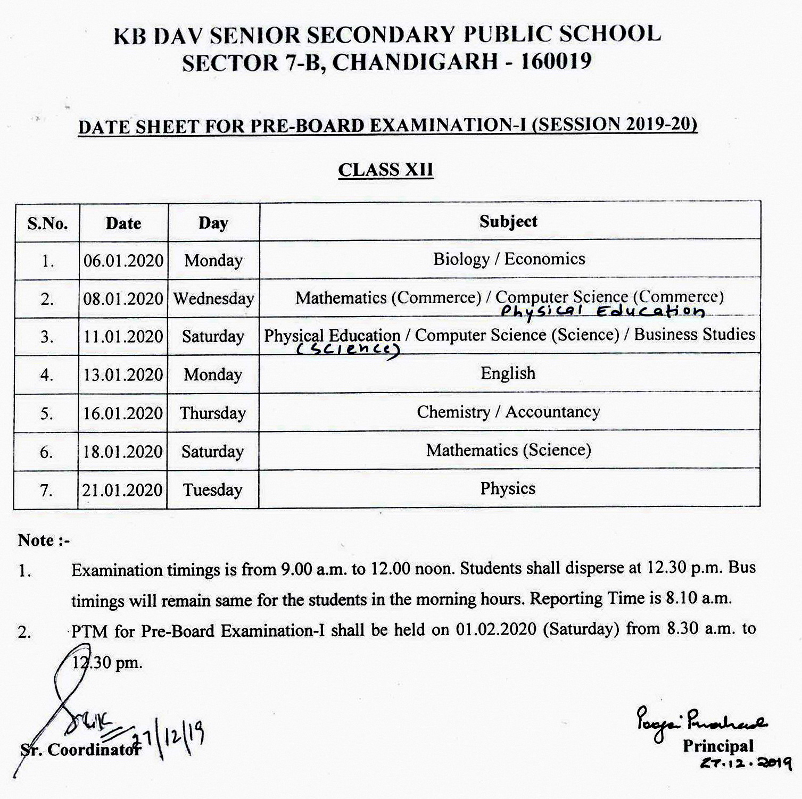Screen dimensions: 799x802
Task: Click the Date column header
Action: (x=123, y=223)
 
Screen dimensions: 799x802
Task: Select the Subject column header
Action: (x=508, y=222)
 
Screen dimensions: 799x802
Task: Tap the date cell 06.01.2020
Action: (x=123, y=261)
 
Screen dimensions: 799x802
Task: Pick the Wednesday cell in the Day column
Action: (x=213, y=298)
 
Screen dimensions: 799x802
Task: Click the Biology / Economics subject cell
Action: (x=509, y=259)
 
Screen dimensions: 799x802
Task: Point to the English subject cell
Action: (x=508, y=373)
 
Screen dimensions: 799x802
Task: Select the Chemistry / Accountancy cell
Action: (x=508, y=412)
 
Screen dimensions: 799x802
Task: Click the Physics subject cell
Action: (x=508, y=489)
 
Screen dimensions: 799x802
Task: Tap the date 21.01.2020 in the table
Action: (x=122, y=490)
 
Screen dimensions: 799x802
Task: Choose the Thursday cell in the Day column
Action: (x=213, y=413)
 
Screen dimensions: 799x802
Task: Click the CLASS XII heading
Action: (x=386, y=170)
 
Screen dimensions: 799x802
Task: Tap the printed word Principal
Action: (x=718, y=746)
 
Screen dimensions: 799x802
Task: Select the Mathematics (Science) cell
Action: (x=508, y=451)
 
